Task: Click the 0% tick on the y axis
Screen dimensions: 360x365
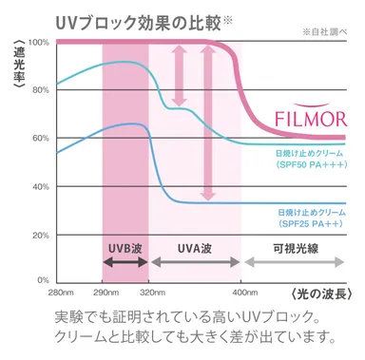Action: tap(41, 280)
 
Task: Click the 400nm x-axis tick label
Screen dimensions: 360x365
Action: tap(241, 292)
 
